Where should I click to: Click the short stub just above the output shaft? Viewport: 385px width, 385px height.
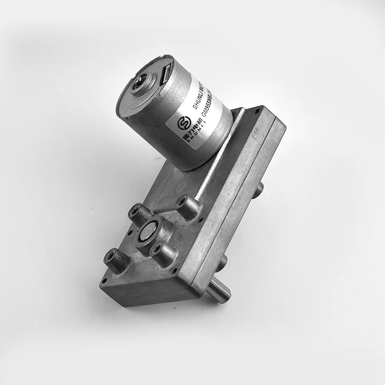222,262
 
